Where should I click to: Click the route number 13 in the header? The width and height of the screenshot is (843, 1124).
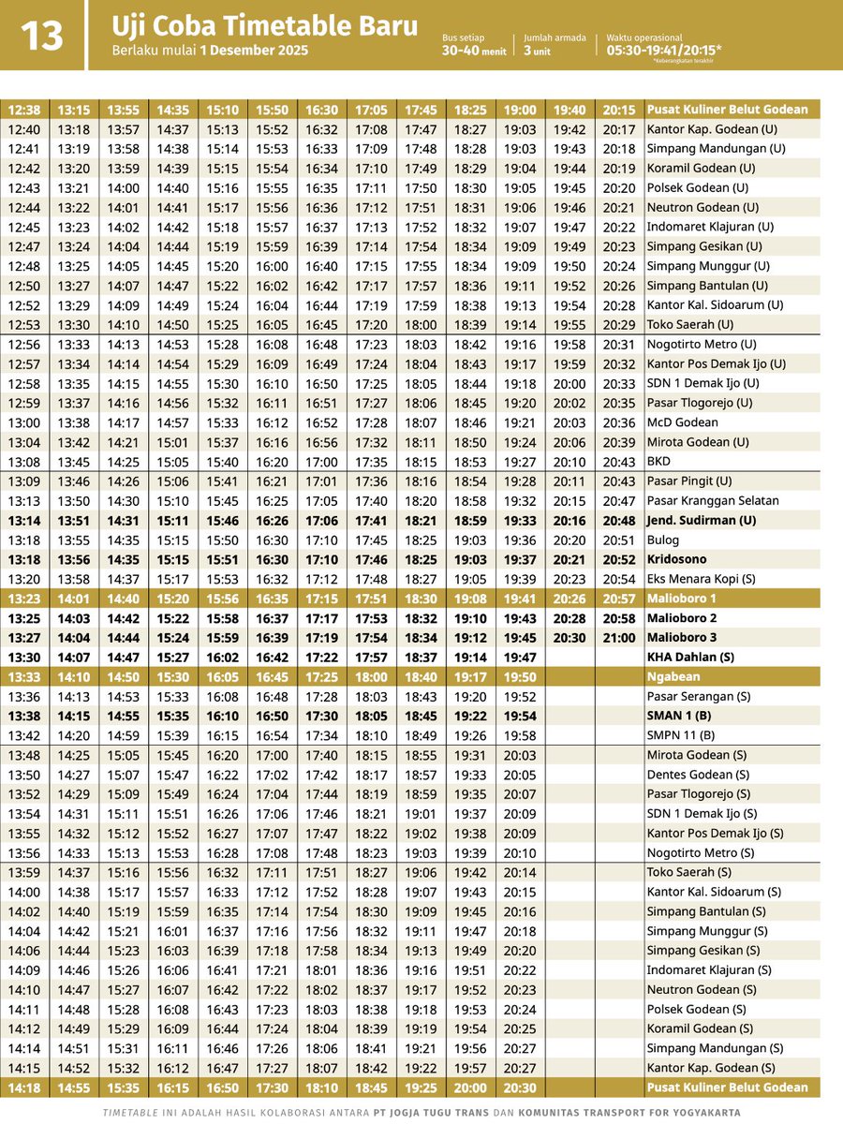(x=41, y=36)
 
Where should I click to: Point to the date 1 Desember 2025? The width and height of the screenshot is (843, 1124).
(x=253, y=51)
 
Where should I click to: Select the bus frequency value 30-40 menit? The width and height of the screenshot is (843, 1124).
(x=474, y=52)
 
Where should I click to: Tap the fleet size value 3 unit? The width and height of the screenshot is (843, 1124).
(x=539, y=52)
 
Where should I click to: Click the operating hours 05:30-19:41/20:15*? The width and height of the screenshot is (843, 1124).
(x=663, y=51)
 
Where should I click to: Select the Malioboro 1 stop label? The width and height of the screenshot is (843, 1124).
(x=681, y=599)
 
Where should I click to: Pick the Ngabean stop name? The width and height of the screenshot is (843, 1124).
(x=673, y=676)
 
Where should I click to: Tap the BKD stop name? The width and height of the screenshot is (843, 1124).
(x=659, y=462)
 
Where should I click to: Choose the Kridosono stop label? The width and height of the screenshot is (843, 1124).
(x=678, y=559)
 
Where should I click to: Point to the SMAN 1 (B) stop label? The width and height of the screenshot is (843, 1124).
(x=681, y=716)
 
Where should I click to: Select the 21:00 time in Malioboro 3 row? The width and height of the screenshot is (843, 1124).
(x=619, y=638)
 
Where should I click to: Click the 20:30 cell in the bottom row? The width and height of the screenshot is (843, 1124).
(x=520, y=1087)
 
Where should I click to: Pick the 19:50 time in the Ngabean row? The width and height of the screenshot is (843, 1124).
(x=520, y=676)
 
